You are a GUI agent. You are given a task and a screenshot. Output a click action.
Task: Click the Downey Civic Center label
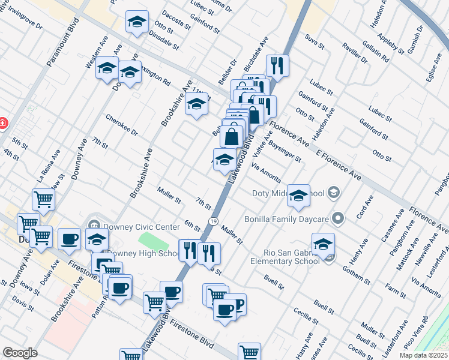[x=142, y=227]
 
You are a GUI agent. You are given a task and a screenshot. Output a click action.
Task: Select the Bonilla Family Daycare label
[x=289, y=218]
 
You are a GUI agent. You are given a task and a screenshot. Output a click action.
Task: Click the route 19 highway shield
[x=214, y=221]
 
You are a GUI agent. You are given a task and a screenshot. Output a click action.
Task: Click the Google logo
[x=20, y=353]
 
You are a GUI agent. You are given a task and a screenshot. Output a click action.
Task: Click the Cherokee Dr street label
[x=122, y=125]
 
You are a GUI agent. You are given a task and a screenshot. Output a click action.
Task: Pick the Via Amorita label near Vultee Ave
[x=267, y=172]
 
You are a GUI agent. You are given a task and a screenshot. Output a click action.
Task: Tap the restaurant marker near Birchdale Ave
[x=277, y=66]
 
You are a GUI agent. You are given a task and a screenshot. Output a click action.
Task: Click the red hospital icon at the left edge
[x=2, y=123]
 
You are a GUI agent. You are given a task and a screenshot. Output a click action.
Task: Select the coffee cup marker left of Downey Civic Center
[x=68, y=239]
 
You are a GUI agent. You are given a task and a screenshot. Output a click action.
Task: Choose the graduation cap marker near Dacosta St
[x=137, y=23]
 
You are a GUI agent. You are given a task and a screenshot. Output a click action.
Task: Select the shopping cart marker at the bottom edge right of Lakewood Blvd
[x=249, y=352]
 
